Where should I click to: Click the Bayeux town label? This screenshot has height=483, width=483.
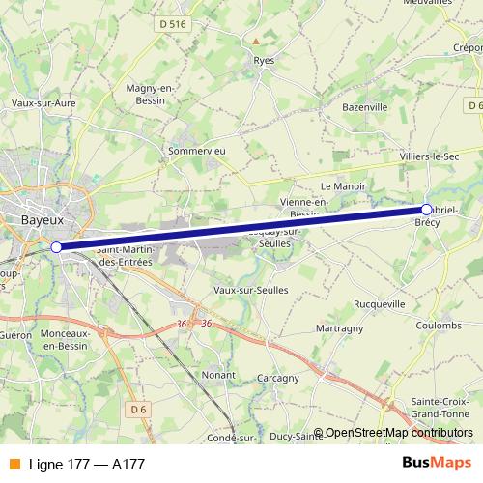(42, 219)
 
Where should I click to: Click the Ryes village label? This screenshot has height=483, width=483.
(264, 60)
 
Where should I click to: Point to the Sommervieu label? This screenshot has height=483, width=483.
(197, 151)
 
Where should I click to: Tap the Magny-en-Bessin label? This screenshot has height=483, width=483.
(149, 94)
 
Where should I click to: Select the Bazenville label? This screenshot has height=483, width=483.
(363, 106)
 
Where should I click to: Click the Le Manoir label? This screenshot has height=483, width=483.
(339, 185)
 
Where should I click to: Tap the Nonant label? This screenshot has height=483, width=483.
(219, 374)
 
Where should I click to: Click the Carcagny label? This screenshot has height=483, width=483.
(279, 379)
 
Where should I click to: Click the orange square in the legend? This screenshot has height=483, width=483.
(14, 464)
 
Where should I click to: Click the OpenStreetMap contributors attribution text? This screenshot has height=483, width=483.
(399, 433)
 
